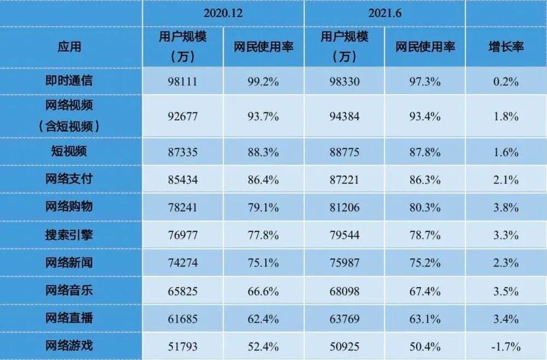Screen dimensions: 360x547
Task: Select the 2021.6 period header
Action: tap(385, 13)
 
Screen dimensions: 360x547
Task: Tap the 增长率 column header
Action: tap(505, 47)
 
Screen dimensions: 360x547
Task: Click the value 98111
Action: tap(183, 82)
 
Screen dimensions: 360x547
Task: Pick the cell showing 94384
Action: tap(344, 116)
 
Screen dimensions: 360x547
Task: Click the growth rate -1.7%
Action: tap(505, 346)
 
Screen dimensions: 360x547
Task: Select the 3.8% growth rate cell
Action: tap(505, 208)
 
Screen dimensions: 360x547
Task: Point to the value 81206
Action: tap(344, 208)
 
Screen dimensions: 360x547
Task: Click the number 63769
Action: tap(344, 318)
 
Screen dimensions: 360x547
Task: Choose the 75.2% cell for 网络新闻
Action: tap(424, 263)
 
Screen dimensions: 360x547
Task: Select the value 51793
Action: tap(183, 346)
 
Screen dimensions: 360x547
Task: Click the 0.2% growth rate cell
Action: tap(505, 82)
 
